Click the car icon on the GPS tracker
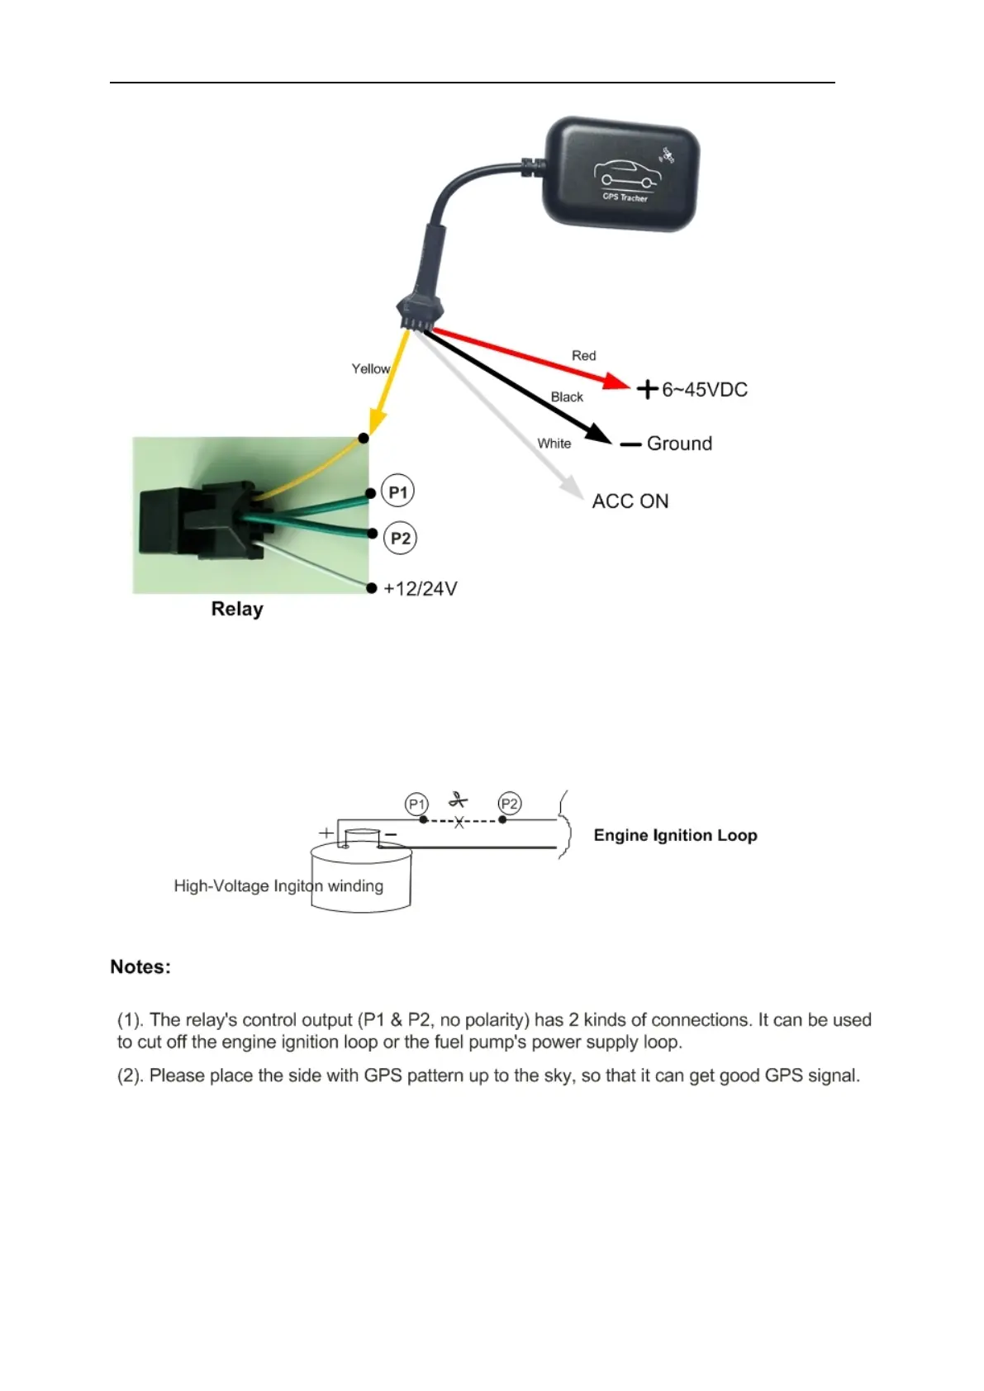[x=625, y=172]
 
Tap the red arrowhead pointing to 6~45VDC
[x=616, y=381]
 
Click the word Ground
[x=679, y=444]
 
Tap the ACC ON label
[x=630, y=501]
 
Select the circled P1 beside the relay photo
[x=398, y=492]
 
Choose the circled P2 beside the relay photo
[x=401, y=539]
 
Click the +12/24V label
[x=421, y=589]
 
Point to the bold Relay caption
[x=237, y=610]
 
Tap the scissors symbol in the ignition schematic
[x=458, y=800]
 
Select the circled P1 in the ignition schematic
[x=416, y=804]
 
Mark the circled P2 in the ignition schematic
[x=510, y=804]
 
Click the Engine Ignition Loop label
[x=675, y=835]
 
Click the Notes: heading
[x=140, y=967]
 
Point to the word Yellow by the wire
[x=370, y=368]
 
